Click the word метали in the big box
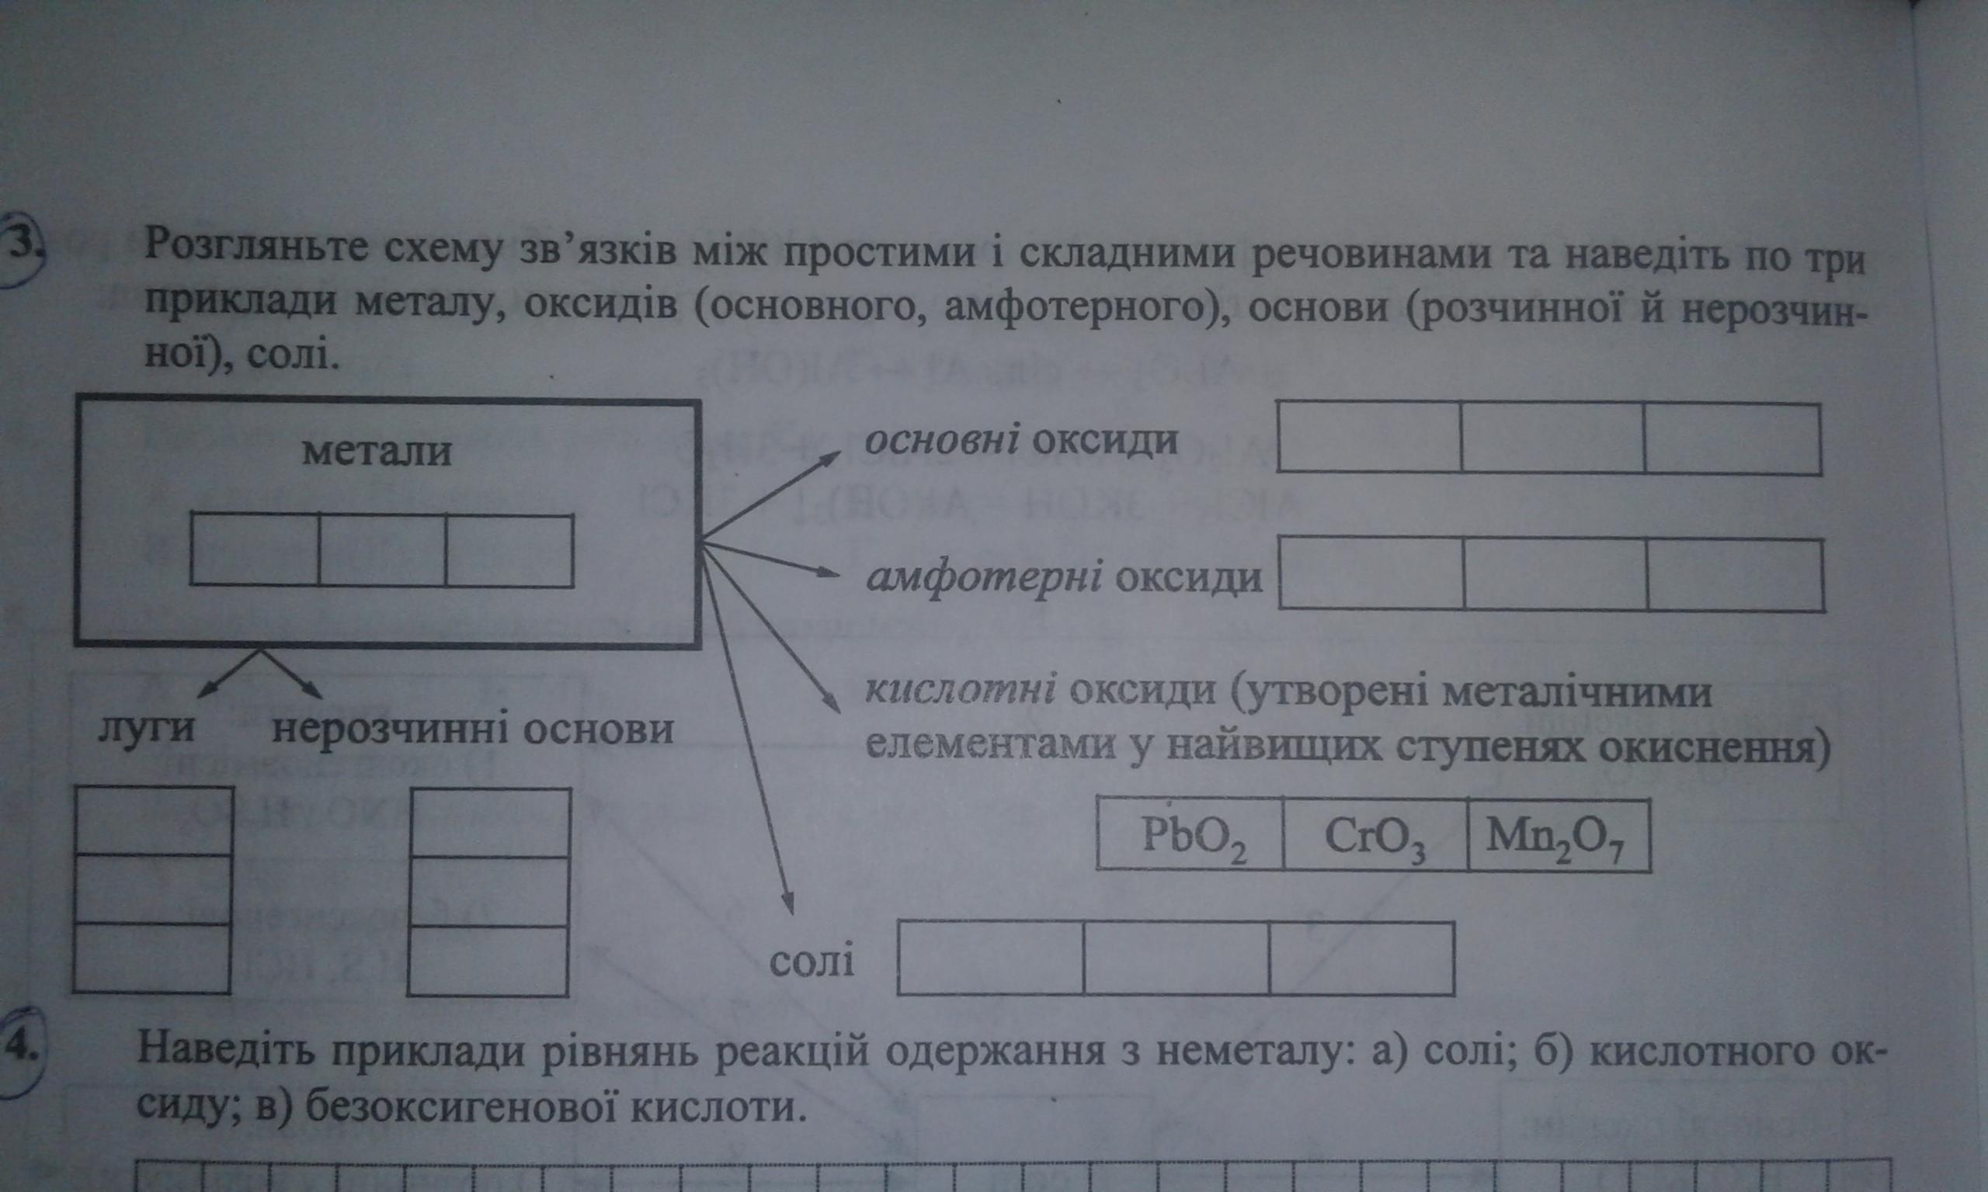pyautogui.click(x=377, y=452)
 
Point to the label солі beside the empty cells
pyautogui.click(x=812, y=962)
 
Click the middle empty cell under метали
pyautogui.click(x=382, y=550)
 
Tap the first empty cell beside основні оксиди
pyautogui.click(x=1368, y=437)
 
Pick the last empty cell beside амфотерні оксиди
pyautogui.click(x=1734, y=574)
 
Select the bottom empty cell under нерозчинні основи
pyautogui.click(x=488, y=962)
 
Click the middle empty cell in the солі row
pyautogui.click(x=1176, y=958)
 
